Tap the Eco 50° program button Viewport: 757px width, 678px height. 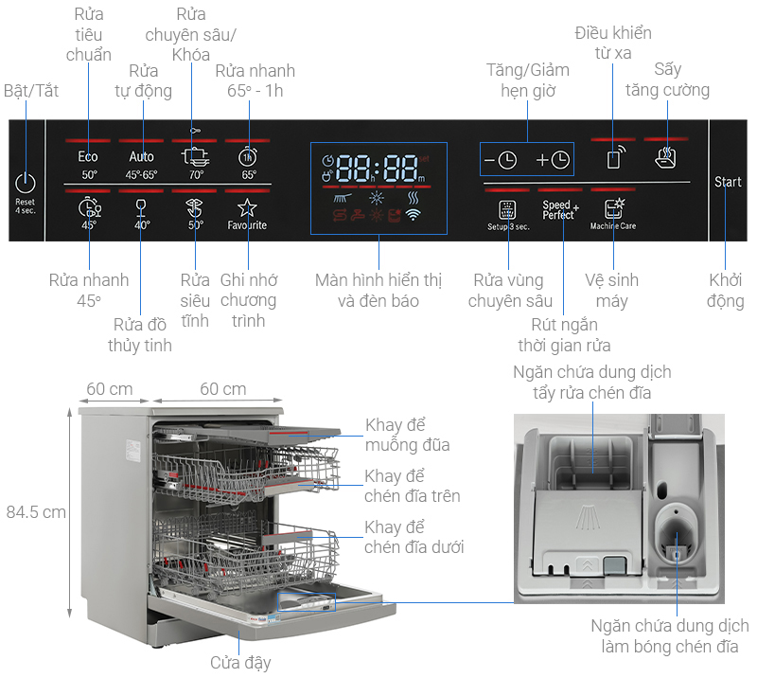[88, 157]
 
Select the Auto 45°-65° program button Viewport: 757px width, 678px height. [142, 157]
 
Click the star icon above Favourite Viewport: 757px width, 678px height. [247, 207]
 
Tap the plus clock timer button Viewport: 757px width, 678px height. [553, 160]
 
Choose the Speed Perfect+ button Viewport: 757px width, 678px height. [560, 210]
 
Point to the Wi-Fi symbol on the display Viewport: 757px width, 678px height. [413, 215]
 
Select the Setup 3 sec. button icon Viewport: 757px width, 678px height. [507, 209]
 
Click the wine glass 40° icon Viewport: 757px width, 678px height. [142, 205]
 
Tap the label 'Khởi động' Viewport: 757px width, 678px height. [727, 291]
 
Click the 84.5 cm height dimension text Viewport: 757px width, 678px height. [36, 512]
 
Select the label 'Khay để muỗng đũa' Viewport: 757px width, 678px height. [407, 435]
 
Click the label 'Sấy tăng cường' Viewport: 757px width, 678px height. [667, 80]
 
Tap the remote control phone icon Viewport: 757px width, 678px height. [613, 156]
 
